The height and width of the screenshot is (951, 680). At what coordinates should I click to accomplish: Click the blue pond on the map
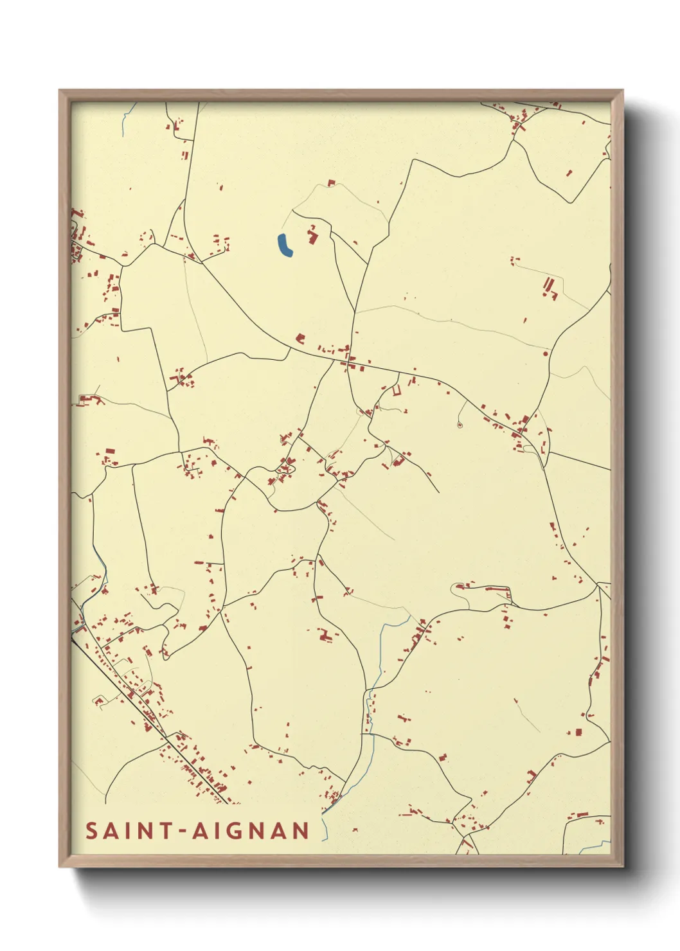point(284,245)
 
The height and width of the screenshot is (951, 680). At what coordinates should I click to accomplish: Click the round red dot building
point(546,353)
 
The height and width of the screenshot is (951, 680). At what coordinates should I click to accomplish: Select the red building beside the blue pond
point(314,235)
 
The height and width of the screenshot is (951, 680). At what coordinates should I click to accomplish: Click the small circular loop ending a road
point(460,425)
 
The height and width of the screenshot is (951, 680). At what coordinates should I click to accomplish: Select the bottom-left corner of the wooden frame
point(60,866)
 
